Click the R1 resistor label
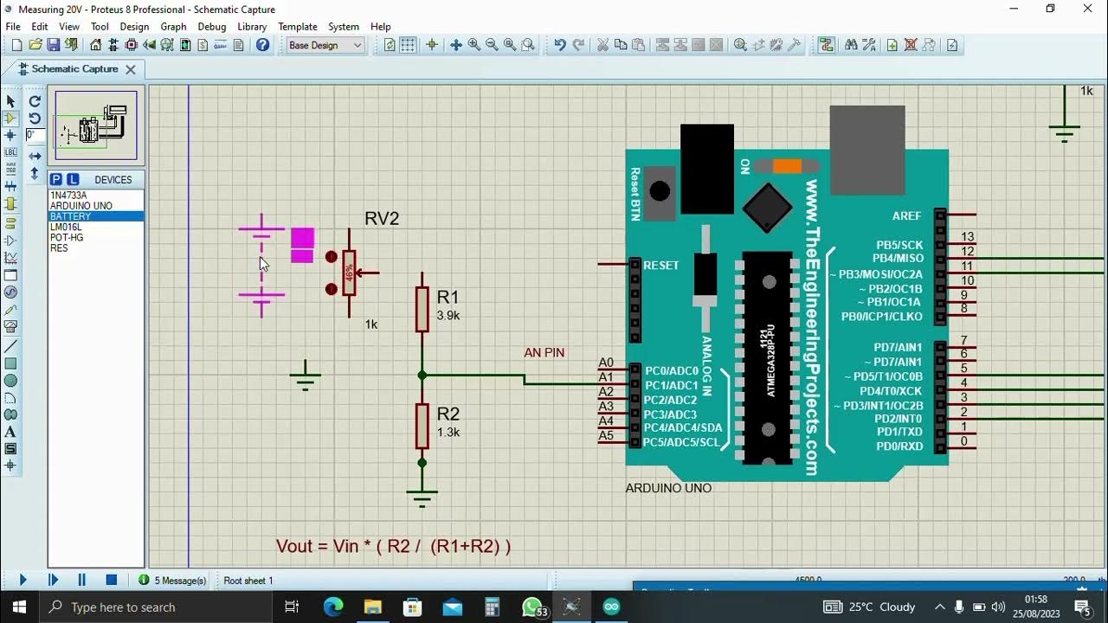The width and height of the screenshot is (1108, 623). click(448, 297)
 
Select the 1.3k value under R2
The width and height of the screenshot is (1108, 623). click(448, 433)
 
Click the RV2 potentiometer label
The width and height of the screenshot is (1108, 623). click(382, 219)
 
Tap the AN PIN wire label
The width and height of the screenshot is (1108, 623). click(544, 353)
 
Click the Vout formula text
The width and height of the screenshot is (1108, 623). click(393, 546)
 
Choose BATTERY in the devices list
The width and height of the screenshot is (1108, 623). click(70, 216)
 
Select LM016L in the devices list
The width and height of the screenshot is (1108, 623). click(66, 227)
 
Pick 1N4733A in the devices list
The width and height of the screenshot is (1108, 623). click(68, 196)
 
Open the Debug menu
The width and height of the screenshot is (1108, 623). click(211, 27)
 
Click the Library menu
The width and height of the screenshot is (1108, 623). click(252, 27)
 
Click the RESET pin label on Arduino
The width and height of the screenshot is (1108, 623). click(661, 266)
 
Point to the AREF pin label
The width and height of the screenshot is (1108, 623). click(907, 215)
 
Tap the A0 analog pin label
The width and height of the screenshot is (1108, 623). click(606, 363)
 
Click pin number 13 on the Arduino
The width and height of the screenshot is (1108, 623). click(967, 236)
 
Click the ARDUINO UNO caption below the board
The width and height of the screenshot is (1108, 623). click(668, 488)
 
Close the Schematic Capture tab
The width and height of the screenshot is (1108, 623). click(131, 69)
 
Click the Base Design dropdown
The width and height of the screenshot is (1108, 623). click(325, 45)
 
